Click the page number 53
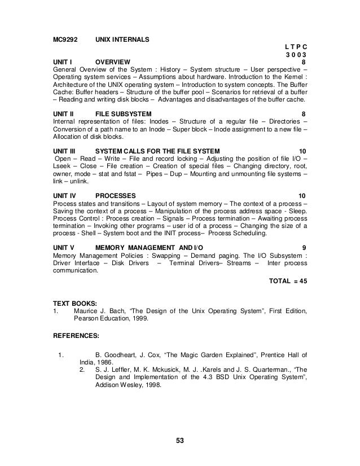point(181,441)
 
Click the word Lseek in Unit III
point(62,167)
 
